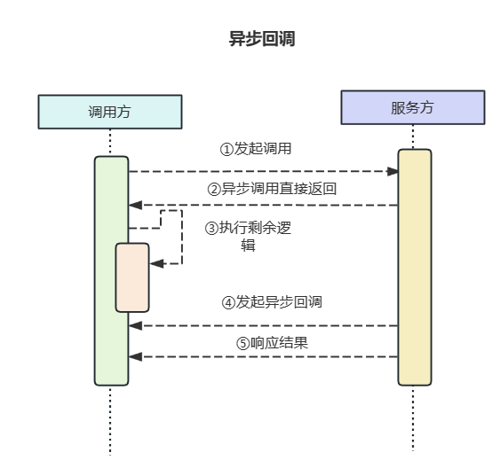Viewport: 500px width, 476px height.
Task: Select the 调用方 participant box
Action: pos(110,112)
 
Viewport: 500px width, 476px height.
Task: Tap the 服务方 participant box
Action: pos(413,107)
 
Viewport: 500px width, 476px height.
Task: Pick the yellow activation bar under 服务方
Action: pos(414,266)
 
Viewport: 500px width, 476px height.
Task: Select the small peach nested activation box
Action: pos(132,277)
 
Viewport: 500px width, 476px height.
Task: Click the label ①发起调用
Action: pos(256,149)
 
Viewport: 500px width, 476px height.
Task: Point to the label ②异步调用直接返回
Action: pos(272,189)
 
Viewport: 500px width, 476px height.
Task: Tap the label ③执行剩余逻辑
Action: pos(249,237)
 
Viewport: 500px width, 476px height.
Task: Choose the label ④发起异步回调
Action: pos(272,302)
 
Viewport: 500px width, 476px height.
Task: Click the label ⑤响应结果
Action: pos(272,342)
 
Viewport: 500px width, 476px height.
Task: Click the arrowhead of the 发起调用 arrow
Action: pos(392,171)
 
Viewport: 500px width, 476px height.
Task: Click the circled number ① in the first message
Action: pos(226,149)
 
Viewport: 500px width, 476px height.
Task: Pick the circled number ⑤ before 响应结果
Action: pos(242,343)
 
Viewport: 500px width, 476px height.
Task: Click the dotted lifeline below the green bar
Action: pos(110,421)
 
